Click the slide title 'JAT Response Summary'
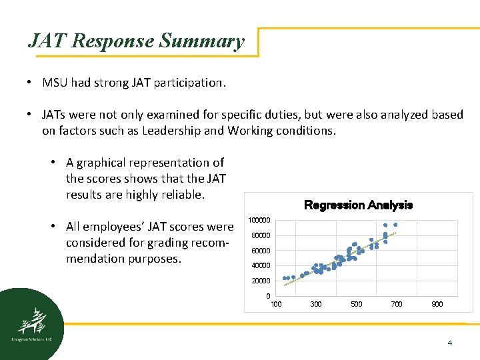click(x=136, y=41)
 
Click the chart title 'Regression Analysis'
click(x=358, y=205)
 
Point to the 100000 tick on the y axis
click(x=259, y=221)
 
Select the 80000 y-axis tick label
click(x=260, y=236)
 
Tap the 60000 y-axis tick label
click(x=260, y=251)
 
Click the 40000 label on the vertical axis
click(x=260, y=266)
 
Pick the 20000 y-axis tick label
click(x=260, y=281)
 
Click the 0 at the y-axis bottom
click(x=268, y=296)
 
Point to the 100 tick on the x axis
click(x=276, y=305)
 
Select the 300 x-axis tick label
click(x=316, y=305)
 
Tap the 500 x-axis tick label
click(x=357, y=305)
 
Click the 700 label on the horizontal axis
click(x=397, y=305)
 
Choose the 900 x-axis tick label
click(x=437, y=305)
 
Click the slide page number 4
click(x=449, y=343)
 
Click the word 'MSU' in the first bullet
click(x=55, y=83)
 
